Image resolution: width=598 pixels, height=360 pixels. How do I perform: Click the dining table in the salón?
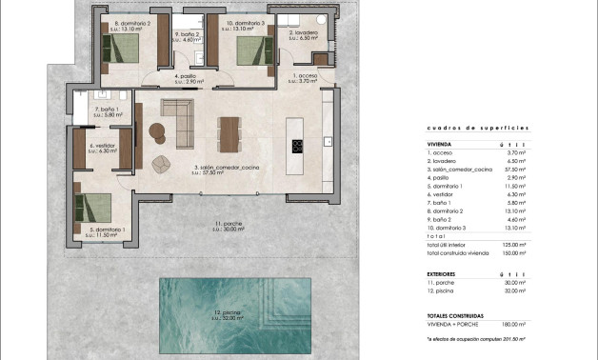(229, 133)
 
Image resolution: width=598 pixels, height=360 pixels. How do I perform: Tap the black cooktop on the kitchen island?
(296, 146)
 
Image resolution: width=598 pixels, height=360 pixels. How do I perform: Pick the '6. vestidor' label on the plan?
(103, 147)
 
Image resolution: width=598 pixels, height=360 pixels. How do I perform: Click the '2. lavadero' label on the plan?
(303, 32)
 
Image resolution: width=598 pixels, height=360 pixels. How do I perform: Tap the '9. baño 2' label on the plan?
(186, 34)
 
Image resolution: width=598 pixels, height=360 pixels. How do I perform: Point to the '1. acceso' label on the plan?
(307, 74)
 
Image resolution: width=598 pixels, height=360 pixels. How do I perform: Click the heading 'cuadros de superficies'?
(464, 127)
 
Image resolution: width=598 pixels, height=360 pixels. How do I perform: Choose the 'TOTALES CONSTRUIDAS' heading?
(455, 314)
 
